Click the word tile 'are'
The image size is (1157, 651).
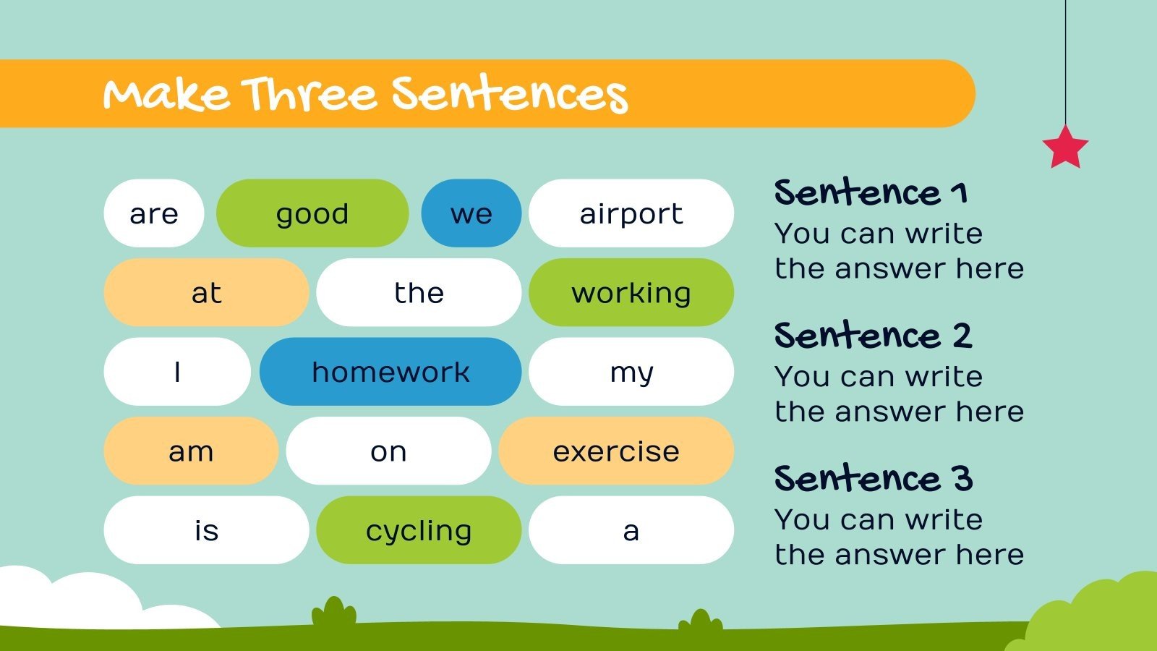154,213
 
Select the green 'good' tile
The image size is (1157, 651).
312,213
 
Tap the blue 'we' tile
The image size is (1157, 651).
471,213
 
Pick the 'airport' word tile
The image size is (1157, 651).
631,213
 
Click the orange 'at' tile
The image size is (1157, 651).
206,292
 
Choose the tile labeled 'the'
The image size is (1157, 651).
419,292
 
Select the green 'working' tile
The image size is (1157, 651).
631,292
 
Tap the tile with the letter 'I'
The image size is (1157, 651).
177,372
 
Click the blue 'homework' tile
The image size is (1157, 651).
390,372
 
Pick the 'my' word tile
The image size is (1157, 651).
631,372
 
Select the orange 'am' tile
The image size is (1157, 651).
191,451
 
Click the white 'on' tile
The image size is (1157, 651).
388,451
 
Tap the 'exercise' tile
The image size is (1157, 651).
616,451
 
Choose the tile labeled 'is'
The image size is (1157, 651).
206,530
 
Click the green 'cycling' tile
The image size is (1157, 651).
419,530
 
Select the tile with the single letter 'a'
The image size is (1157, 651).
631,530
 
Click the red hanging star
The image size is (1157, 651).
1065,147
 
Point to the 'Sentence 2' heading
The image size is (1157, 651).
873,336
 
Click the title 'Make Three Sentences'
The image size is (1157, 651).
365,95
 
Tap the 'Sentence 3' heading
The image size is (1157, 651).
873,479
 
